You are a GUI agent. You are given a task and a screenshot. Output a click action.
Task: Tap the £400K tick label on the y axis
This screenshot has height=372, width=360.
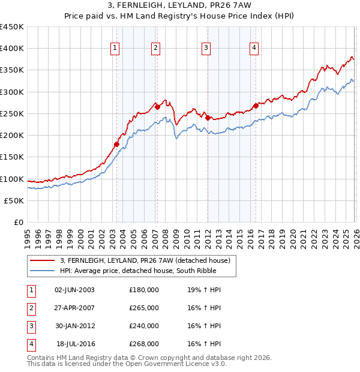(x=12, y=49)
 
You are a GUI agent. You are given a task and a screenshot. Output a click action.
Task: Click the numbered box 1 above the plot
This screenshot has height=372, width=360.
(x=115, y=49)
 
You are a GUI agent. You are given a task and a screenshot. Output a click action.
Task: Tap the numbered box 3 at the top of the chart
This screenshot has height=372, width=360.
(x=206, y=49)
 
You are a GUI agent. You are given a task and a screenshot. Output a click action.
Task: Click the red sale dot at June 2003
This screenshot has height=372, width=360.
(x=116, y=144)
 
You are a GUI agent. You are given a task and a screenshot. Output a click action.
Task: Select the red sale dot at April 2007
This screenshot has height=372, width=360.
(x=157, y=107)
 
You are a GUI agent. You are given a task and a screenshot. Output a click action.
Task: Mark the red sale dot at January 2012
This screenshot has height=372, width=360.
(x=208, y=118)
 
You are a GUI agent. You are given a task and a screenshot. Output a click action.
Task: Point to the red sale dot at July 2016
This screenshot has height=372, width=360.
(x=256, y=106)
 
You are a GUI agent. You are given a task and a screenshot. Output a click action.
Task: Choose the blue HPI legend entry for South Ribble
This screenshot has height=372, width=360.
(x=148, y=271)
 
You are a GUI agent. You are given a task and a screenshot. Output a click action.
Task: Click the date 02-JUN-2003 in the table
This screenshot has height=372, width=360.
(x=74, y=289)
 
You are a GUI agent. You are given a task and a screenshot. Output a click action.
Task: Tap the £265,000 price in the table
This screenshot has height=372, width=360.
(x=144, y=307)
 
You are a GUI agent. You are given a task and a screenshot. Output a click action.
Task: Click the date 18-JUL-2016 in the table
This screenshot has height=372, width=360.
(x=74, y=344)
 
